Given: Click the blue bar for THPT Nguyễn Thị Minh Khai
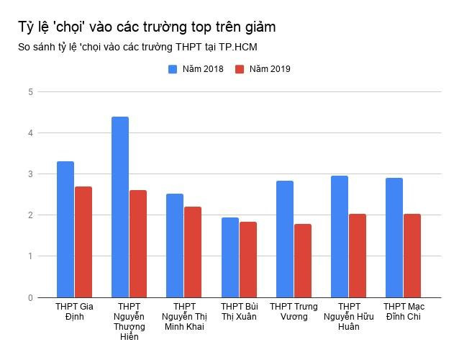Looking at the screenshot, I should coord(175,246).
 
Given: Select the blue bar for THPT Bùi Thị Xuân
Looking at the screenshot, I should coord(229,257).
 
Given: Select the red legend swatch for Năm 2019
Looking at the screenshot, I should coord(240,69).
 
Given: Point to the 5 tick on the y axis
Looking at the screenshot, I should coord(30,92).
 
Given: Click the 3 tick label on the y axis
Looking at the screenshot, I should coord(30,174).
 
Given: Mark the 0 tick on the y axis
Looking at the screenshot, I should coord(30,297).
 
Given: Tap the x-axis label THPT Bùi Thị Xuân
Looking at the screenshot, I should coord(239,312).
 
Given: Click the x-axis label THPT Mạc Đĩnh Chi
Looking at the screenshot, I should coord(404,312).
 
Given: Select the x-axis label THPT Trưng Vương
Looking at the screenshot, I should coord(294,312).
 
